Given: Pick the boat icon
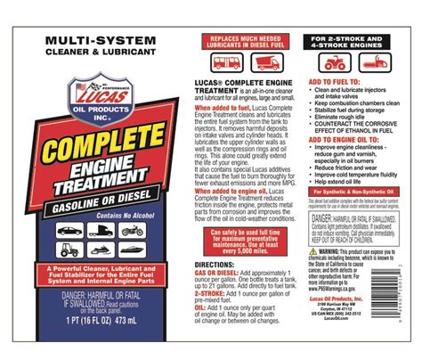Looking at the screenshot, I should click(x=129, y=250).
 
